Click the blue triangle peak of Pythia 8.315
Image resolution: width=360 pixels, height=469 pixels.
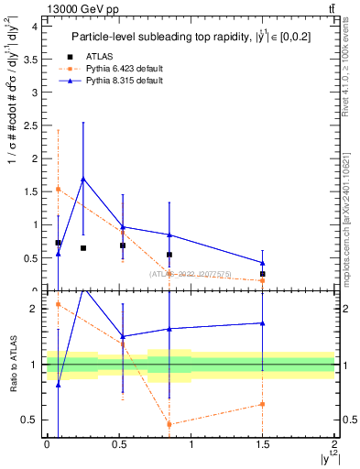[83, 179]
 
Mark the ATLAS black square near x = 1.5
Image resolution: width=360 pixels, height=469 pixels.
[263, 274]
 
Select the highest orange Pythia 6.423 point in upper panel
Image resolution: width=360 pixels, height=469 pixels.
[58, 189]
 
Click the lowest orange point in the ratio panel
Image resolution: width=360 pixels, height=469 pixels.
[169, 424]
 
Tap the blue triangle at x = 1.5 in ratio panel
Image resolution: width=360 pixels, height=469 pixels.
[263, 322]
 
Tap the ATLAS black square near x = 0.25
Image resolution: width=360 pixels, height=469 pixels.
[83, 248]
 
